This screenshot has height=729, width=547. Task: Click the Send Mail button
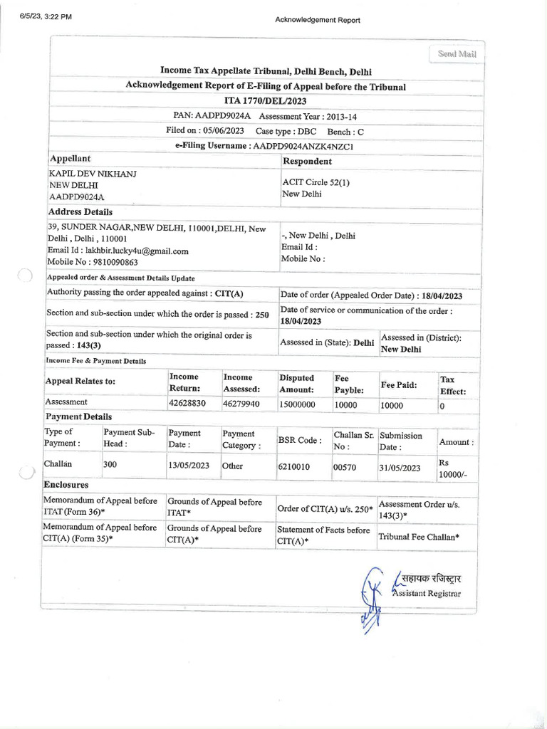pyautogui.click(x=457, y=54)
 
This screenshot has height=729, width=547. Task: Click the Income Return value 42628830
pyautogui.click(x=187, y=404)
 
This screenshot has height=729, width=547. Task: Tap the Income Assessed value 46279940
pyautogui.click(x=241, y=404)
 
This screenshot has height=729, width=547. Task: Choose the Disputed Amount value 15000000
pyautogui.click(x=297, y=404)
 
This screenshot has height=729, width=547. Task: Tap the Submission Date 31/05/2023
pyautogui.click(x=400, y=468)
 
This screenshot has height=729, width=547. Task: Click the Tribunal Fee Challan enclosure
pyautogui.click(x=418, y=535)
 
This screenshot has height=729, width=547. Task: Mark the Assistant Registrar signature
pyautogui.click(x=371, y=598)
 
